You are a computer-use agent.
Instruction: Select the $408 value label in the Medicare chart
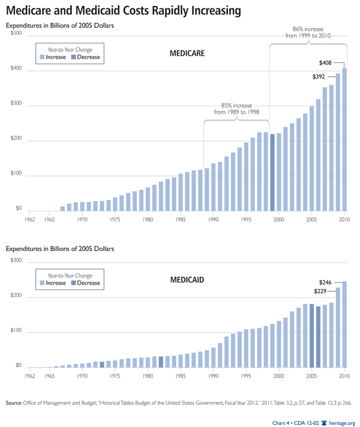tap(325, 62)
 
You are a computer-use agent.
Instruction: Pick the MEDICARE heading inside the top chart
tap(188, 53)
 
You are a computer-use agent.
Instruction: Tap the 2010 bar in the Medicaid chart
tap(344, 324)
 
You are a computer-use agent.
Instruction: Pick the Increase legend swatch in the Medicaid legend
tap(42, 283)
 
